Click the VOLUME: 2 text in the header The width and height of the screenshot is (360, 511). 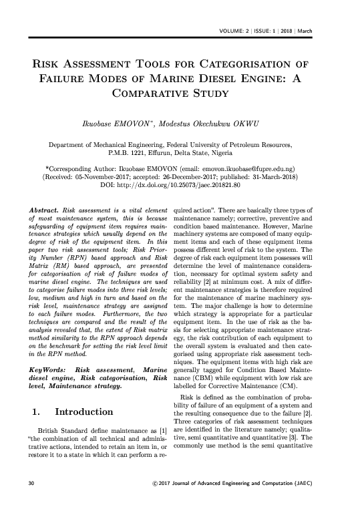coord(236,33)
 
